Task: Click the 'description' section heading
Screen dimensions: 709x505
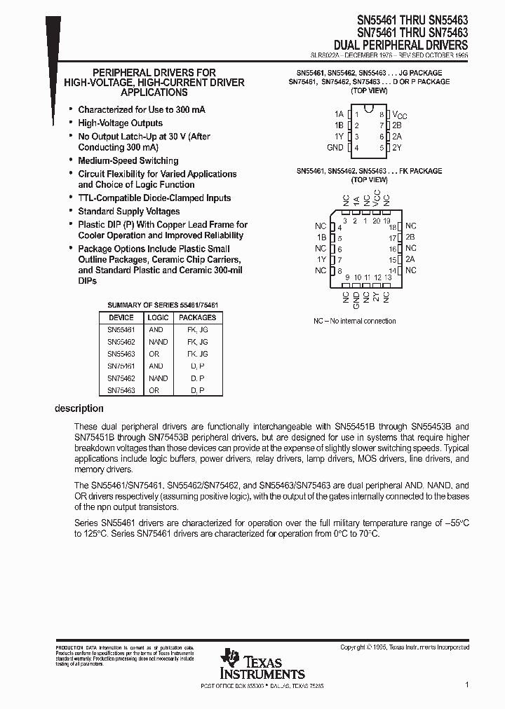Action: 79,408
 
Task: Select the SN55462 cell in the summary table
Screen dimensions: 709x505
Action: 121,342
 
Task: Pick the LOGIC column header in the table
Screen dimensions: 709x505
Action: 158,317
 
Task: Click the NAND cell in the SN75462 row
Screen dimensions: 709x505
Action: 158,378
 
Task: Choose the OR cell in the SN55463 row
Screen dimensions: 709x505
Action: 154,354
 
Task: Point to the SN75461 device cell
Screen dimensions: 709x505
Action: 121,366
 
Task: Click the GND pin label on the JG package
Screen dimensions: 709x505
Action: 335,148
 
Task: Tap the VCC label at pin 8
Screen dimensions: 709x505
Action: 398,114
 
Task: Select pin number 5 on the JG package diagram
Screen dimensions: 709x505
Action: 382,148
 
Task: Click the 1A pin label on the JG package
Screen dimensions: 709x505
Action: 339,113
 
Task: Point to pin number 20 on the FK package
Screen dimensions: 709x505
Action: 377,221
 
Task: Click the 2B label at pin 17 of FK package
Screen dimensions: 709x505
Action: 410,238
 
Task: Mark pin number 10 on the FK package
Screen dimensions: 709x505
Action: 357,277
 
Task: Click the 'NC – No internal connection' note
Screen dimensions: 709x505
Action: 354,321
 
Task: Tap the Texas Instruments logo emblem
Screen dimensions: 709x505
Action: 230,659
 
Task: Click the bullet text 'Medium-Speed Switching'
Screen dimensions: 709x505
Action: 128,160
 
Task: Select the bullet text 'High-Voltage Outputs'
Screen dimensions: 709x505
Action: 120,123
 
